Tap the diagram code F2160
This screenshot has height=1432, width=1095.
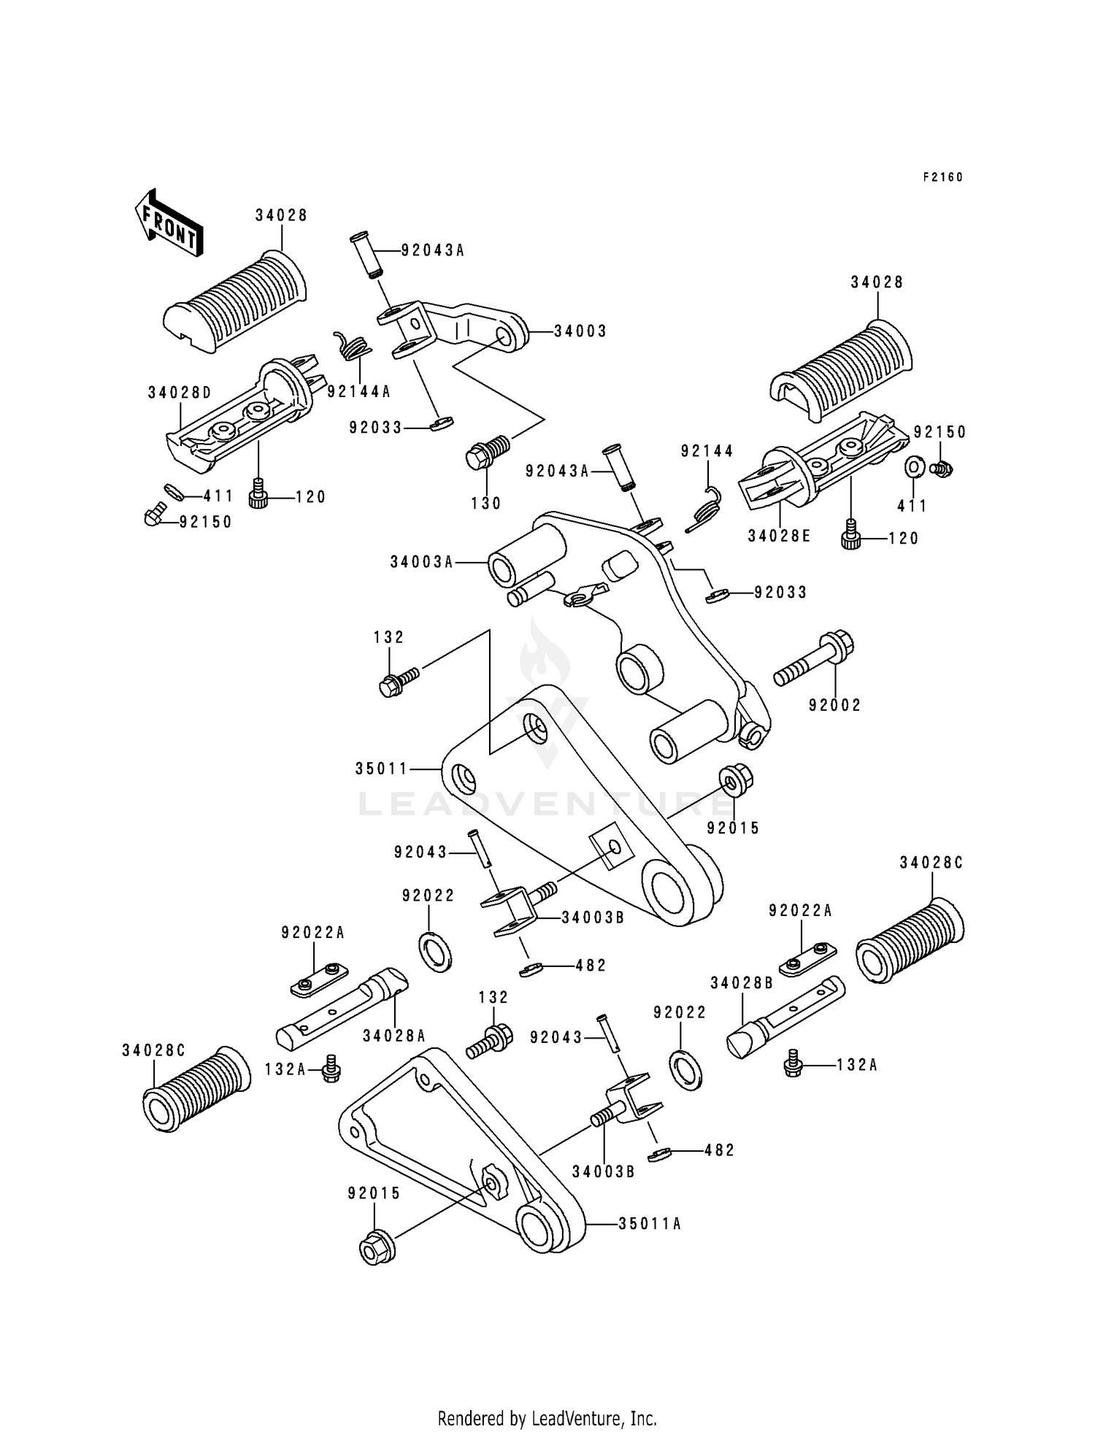(x=942, y=177)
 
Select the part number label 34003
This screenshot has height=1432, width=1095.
(x=580, y=331)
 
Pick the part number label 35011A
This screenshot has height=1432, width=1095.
(x=650, y=1224)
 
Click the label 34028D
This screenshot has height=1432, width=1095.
(x=180, y=393)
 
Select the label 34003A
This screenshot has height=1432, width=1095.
(x=421, y=562)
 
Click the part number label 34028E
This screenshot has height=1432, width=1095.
(x=779, y=536)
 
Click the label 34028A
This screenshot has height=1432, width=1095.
(x=394, y=1035)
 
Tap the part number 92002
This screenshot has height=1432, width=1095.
(x=835, y=705)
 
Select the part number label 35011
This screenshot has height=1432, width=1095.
(x=381, y=769)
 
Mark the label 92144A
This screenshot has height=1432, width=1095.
(x=358, y=393)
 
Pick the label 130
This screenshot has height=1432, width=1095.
(x=486, y=503)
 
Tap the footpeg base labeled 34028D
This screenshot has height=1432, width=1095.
(x=241, y=420)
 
